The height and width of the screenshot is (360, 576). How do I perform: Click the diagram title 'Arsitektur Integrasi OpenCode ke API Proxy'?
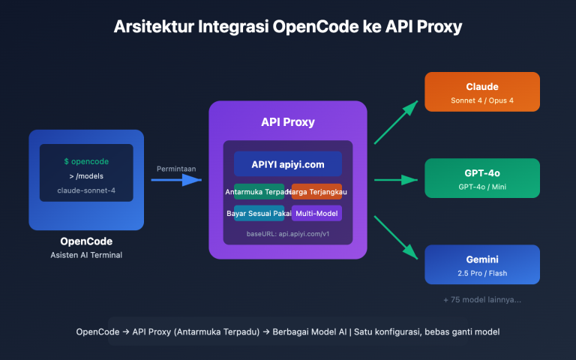288,27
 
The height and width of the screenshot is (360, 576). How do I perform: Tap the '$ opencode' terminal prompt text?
85,162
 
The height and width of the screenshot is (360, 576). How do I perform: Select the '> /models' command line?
85,176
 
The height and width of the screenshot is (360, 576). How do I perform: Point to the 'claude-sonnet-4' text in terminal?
85,190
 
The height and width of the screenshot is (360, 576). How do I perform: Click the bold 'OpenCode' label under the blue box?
85,241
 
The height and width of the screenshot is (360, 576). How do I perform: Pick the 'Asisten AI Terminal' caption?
85,256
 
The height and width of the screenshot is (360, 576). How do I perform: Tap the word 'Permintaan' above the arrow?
176,169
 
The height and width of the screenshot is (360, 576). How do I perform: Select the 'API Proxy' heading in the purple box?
287,122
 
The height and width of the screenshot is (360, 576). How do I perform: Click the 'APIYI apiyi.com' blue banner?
287,164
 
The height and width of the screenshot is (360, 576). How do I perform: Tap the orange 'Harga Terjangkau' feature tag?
317,192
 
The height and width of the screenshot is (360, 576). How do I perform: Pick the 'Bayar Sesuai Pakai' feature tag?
258,214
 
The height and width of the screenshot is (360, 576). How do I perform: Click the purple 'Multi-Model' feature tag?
316,214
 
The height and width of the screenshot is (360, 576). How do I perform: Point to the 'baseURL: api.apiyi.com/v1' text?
287,234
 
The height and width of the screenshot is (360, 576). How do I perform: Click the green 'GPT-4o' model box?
482,178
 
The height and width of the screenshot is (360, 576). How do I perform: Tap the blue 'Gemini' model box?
482,265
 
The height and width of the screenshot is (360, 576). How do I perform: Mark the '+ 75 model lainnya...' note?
482,300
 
